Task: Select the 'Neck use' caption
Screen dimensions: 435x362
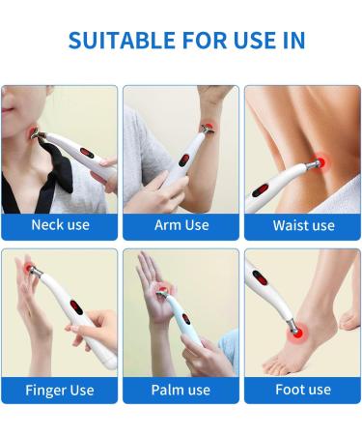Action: point(60,225)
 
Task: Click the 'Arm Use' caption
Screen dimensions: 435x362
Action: point(181,225)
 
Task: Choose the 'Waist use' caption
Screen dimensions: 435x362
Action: point(303,225)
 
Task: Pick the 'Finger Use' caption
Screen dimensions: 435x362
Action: point(60,390)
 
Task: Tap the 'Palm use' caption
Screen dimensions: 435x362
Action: point(181,390)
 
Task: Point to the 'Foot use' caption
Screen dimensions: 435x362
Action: point(303,390)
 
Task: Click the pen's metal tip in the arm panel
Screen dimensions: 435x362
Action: point(207,129)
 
